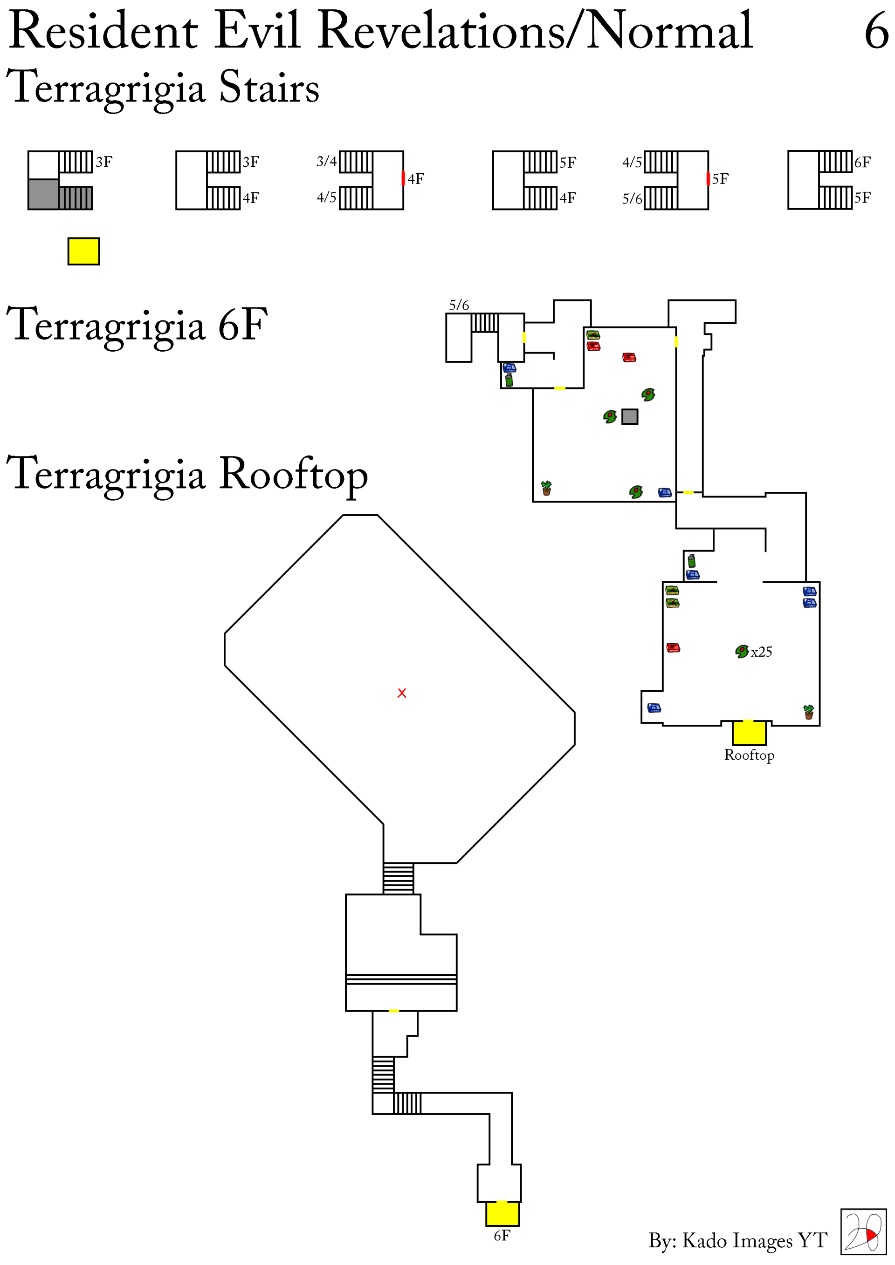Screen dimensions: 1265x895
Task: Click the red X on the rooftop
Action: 401,693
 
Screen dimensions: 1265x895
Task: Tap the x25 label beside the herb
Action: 761,652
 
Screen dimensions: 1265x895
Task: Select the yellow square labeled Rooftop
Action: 749,733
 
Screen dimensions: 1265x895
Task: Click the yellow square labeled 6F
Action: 502,1214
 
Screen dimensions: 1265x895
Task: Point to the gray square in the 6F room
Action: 630,416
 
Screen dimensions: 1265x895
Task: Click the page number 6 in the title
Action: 876,31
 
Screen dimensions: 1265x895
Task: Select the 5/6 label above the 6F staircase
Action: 459,305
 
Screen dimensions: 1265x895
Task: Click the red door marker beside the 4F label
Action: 403,178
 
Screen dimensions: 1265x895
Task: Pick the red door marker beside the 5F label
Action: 708,178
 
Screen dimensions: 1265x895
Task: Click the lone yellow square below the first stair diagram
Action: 84,251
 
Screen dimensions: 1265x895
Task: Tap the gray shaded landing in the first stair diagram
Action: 43,194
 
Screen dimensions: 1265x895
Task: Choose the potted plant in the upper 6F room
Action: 546,488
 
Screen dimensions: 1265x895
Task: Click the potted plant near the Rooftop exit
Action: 808,712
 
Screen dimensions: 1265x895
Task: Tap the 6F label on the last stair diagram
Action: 862,162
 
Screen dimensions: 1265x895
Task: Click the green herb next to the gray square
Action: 609,416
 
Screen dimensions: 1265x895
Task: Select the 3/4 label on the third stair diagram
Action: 326,162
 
